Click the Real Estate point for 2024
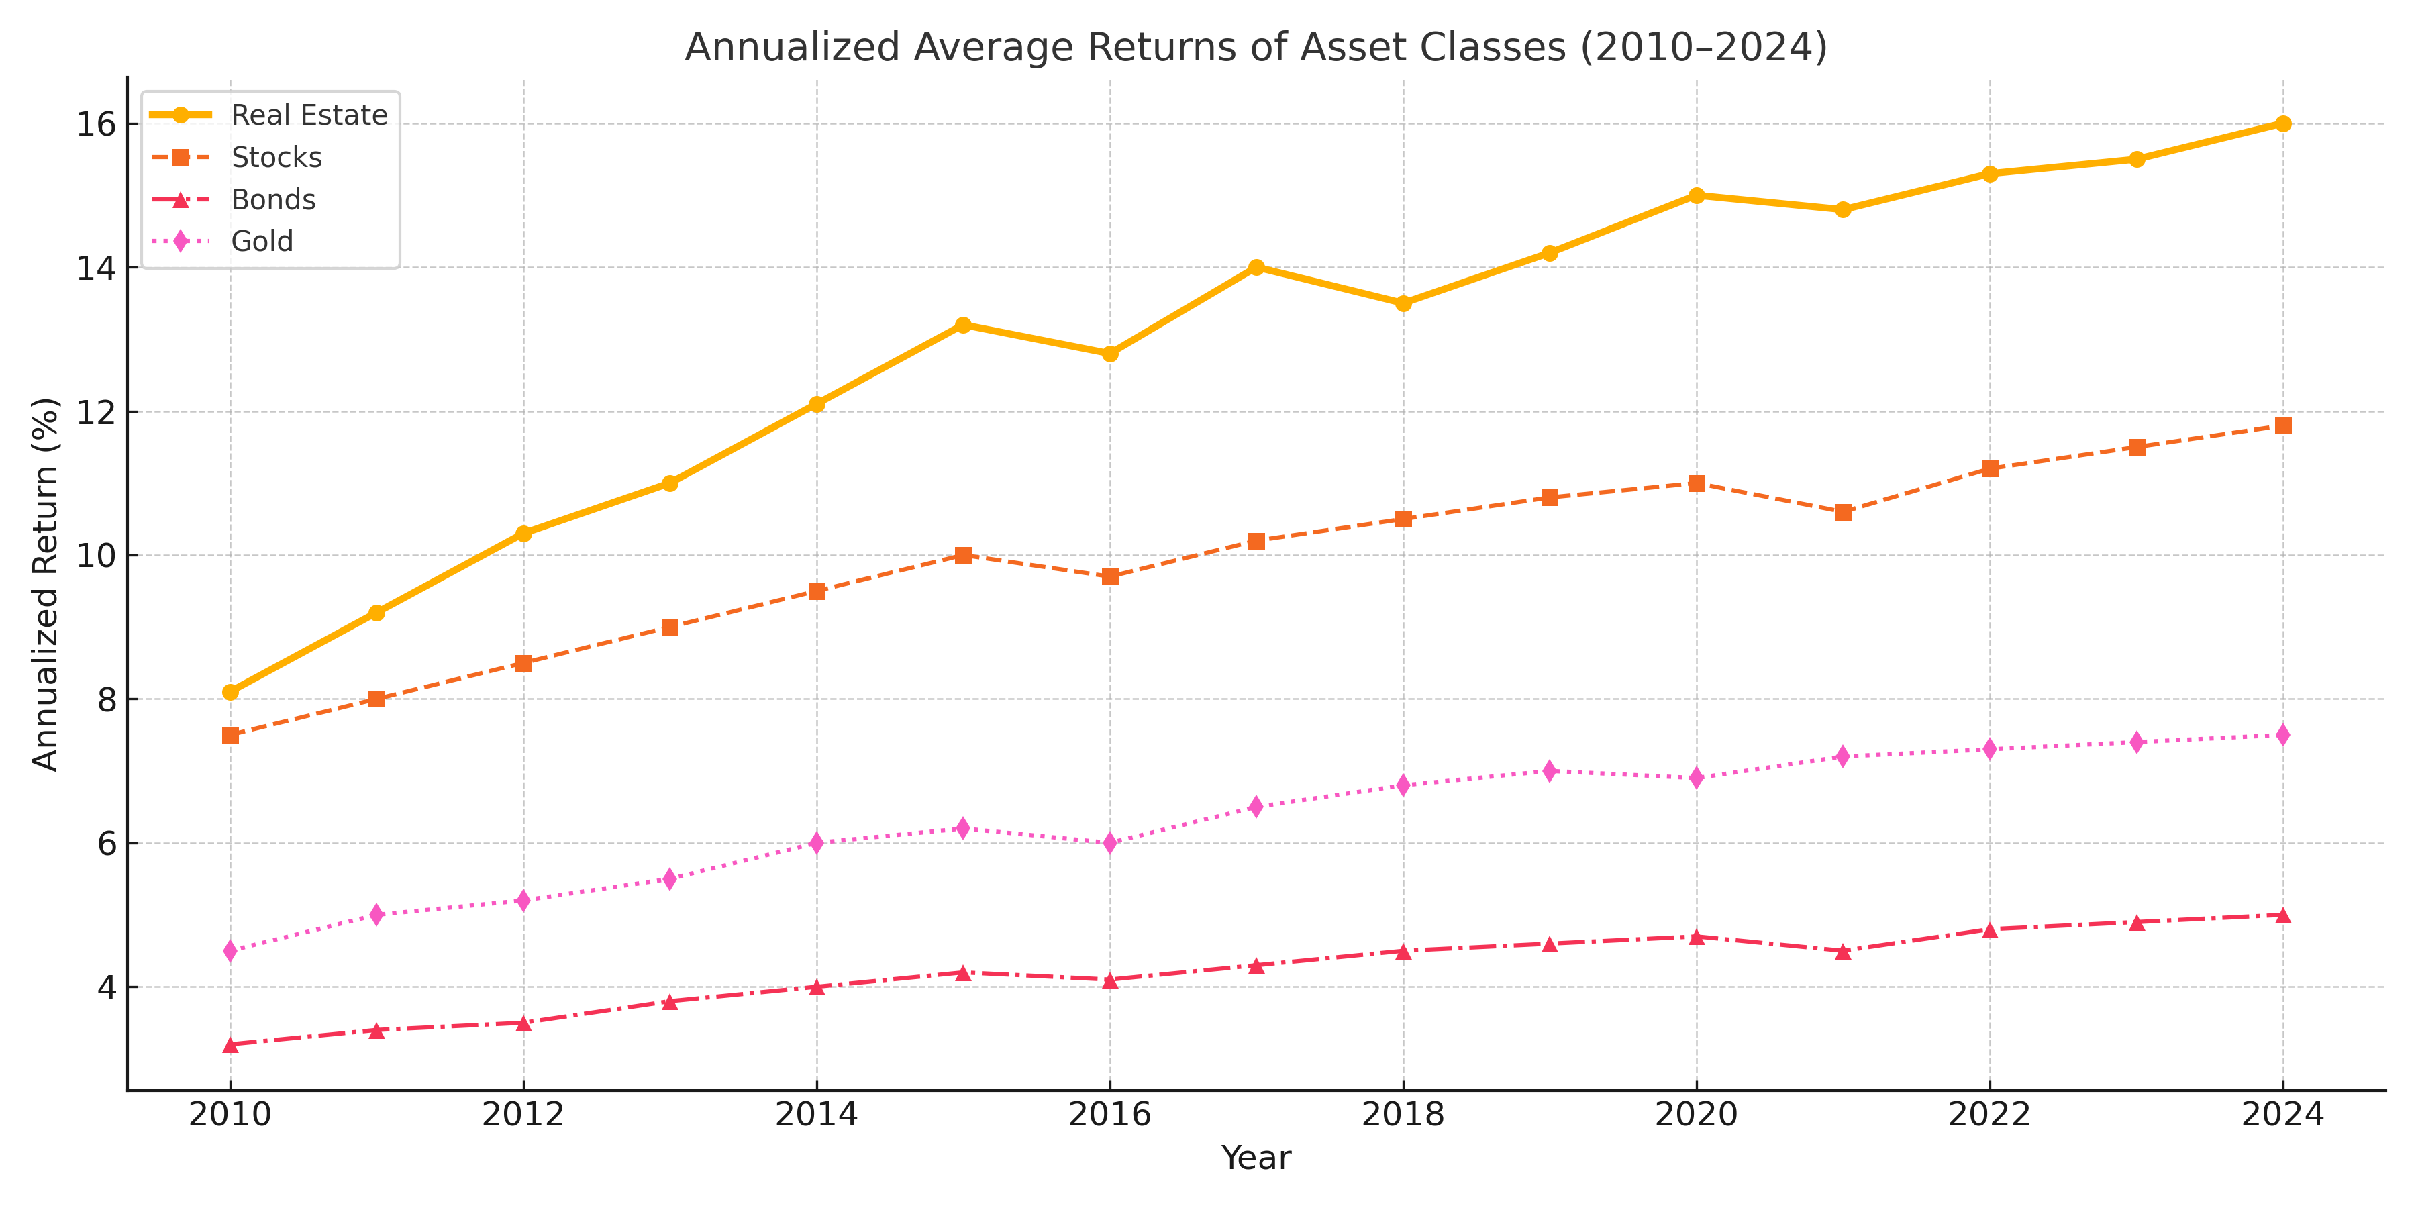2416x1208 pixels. point(2283,123)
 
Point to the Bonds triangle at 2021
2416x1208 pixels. point(1843,951)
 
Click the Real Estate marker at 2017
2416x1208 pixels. point(1257,267)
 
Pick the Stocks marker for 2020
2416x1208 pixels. point(1697,484)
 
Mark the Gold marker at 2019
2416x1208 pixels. point(1550,771)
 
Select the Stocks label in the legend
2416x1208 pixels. point(276,158)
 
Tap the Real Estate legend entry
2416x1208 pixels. point(309,115)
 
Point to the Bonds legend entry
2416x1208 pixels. point(273,200)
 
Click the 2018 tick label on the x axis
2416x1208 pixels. point(1403,1115)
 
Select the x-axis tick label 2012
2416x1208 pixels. point(523,1115)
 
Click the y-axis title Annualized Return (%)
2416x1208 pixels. point(45,583)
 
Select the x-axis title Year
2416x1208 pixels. point(1256,1158)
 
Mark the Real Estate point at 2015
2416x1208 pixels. point(963,325)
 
